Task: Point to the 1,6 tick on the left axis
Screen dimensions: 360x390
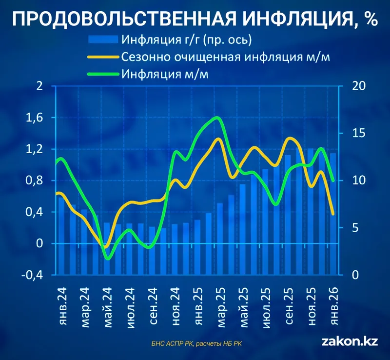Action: tap(37, 118)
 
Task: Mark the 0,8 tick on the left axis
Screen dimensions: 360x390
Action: tap(37, 180)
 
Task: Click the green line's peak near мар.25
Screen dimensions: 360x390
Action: tap(217, 118)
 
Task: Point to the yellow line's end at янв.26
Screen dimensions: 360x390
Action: tap(333, 214)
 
